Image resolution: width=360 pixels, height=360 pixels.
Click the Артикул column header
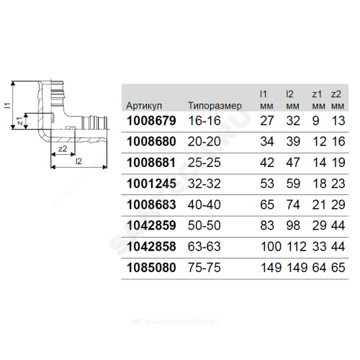pos(144,106)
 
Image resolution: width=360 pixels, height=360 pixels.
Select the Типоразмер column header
pos(215,106)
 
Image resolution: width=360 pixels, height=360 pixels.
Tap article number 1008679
pos(151,121)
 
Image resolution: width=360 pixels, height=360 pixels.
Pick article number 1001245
pos(151,184)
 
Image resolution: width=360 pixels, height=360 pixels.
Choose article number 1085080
pos(151,268)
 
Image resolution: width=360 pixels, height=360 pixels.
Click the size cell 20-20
pos(204,142)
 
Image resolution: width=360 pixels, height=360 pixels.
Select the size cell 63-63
pos(204,246)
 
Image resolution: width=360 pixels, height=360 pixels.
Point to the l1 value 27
pos(267,121)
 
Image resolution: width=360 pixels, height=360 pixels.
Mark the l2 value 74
pos(293,204)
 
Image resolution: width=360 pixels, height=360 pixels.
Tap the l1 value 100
pos(271,246)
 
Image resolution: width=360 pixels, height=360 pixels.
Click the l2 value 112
pos(297,246)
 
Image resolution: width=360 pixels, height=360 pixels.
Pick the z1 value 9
pos(316,121)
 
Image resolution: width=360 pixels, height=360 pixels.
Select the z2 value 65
pos(338,268)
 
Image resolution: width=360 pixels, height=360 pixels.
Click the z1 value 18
pos(320,184)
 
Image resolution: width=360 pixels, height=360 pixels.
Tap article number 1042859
pos(151,225)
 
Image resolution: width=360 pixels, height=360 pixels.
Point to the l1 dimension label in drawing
pos(8,105)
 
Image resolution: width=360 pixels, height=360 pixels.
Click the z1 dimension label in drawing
pos(20,121)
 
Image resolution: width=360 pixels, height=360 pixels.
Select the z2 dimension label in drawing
pos(63,149)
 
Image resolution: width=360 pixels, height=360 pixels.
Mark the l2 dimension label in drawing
pos(78,161)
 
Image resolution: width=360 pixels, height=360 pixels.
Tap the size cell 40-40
pos(204,204)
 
